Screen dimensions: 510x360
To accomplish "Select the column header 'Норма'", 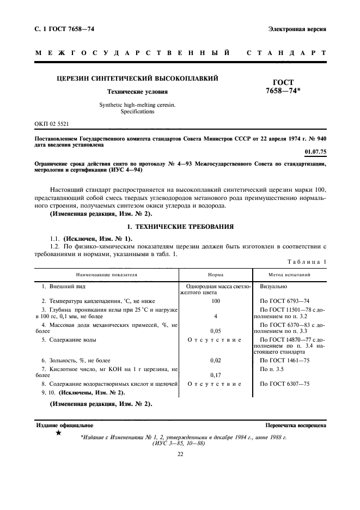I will coord(216,275).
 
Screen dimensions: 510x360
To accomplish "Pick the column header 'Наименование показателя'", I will coord(107,275).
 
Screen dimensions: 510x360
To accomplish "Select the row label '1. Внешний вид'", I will coord(64,286).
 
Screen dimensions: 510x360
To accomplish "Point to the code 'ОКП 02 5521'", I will coord(51,125).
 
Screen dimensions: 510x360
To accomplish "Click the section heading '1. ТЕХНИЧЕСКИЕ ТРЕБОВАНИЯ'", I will coord(180,226).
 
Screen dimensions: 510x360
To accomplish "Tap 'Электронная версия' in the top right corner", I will coord(297,29).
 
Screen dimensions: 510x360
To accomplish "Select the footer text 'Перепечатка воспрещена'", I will coord(295,424).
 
